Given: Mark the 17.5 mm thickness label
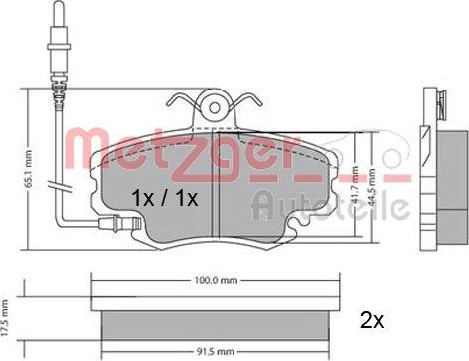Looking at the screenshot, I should click(x=7, y=316).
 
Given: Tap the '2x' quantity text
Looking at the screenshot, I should click(x=372, y=321).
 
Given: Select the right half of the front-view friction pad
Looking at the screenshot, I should click(x=263, y=189).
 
